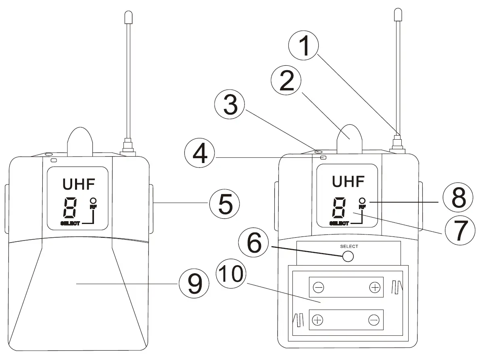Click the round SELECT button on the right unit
coord(348,257)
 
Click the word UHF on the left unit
coord(79,184)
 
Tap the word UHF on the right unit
coord(348,181)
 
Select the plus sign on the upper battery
coord(375,287)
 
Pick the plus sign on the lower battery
coord(318,320)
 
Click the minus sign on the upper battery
coord(318,287)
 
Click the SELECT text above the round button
coord(349,246)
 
